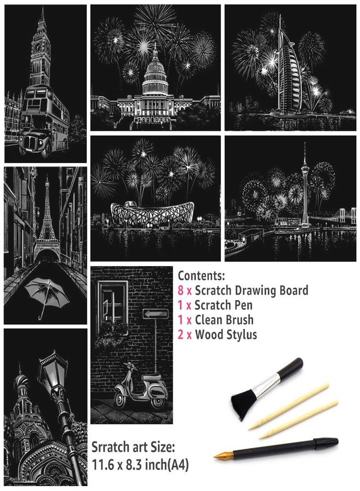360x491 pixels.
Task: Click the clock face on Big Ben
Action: (x=38, y=47)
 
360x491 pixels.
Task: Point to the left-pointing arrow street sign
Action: (x=155, y=314)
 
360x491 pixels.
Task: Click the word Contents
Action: (x=201, y=276)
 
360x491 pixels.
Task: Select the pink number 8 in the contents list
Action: (x=181, y=291)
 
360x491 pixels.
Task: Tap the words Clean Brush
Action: (x=224, y=320)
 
